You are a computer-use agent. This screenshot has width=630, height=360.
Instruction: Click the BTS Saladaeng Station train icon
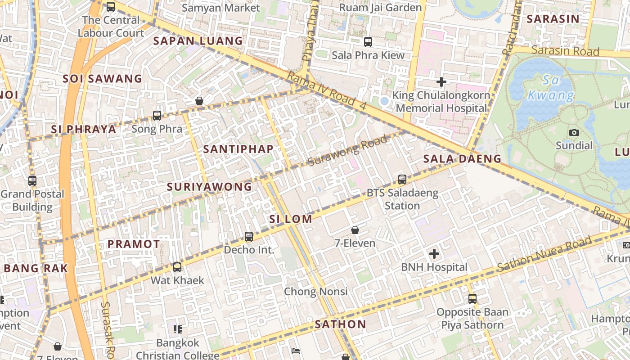(402, 180)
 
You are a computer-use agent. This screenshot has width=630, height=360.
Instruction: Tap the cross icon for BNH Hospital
(434, 254)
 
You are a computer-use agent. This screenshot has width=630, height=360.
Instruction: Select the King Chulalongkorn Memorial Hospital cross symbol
(441, 82)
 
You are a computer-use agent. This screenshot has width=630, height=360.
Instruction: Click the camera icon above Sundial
(574, 132)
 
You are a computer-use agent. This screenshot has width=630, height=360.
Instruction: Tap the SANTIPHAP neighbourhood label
(238, 149)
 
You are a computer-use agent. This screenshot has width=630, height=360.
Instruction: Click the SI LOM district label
(290, 219)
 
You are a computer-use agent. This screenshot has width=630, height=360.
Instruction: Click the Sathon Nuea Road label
(544, 254)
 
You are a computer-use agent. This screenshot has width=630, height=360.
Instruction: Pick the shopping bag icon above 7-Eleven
(355, 230)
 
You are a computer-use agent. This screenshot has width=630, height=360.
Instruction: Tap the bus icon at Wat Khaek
(177, 267)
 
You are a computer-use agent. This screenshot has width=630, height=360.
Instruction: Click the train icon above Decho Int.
(249, 236)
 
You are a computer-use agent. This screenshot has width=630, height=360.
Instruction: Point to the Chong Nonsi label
(315, 292)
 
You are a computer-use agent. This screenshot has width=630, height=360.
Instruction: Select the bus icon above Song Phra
(157, 116)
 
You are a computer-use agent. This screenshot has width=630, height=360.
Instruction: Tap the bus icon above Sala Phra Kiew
(368, 42)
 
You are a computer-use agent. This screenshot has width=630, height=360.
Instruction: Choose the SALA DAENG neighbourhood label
(462, 158)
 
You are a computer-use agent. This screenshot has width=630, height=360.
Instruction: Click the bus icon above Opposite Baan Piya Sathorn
(472, 298)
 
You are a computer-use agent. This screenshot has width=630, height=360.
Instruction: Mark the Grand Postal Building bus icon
(32, 181)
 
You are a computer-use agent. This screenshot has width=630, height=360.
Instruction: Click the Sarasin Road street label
(565, 50)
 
